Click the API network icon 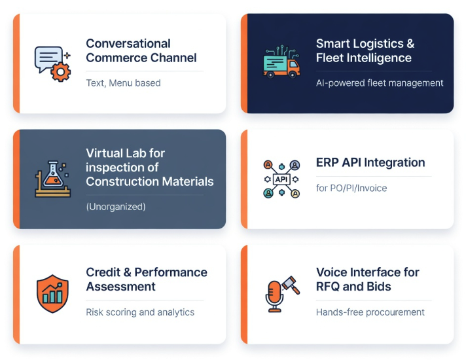281,179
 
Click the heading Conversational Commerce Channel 141,50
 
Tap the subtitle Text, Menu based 123,83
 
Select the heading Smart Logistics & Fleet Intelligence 365,50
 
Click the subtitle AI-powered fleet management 380,83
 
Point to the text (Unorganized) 116,207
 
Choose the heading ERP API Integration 370,162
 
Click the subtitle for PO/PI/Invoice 351,188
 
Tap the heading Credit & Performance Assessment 146,279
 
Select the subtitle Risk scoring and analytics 140,312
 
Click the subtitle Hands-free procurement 370,312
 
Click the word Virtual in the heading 107,153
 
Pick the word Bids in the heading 379,287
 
